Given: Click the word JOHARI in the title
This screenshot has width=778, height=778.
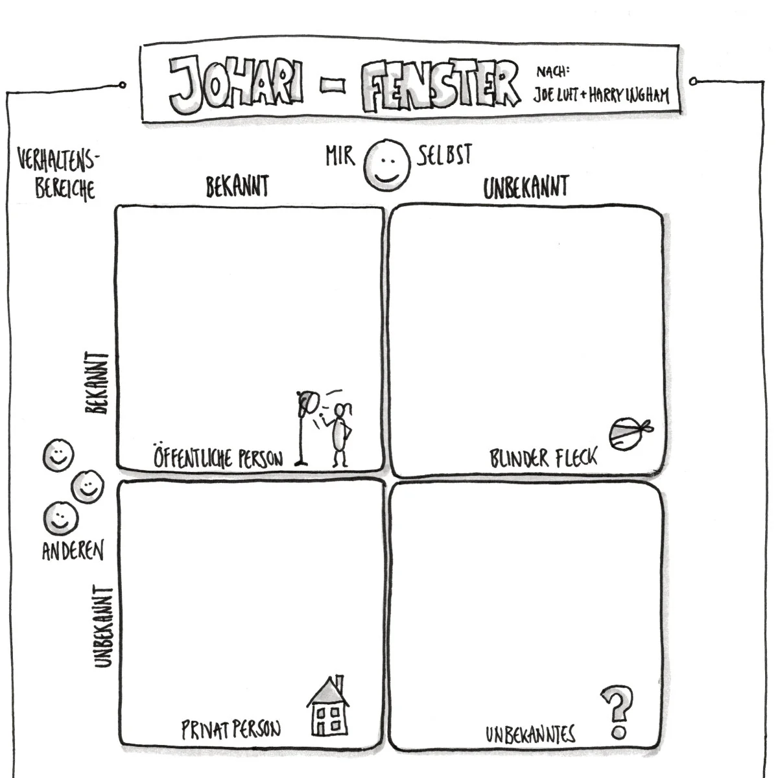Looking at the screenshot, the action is [236, 84].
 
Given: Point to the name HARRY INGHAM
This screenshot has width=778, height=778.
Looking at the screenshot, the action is [628, 95].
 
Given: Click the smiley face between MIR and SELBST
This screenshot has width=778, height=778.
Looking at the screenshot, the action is [387, 165].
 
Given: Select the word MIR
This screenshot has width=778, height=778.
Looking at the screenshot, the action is [340, 156].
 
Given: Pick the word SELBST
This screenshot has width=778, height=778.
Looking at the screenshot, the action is [444, 155].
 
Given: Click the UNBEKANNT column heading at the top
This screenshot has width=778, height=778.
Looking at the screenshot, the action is [526, 187].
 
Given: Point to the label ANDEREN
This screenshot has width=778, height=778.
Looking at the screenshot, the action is [73, 550].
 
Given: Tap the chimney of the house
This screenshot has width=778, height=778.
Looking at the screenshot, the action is [340, 681].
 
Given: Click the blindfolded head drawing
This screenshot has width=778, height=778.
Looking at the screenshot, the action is [630, 434].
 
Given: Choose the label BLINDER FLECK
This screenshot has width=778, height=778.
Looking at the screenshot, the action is [543, 458].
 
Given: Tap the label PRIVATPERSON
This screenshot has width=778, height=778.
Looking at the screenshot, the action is [231, 729].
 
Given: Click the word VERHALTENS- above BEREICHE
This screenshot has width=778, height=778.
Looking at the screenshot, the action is [58, 159].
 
